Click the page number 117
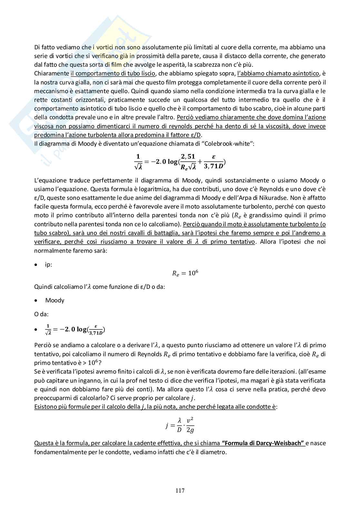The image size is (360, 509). click(180, 491)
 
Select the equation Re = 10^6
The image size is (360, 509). click(185, 273)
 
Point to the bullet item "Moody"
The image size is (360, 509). click(55, 300)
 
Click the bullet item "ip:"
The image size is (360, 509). click(49, 265)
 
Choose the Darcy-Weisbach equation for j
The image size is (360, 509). click(180, 425)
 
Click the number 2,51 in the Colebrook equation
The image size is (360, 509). click(188, 157)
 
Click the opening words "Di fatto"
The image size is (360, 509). click(45, 47)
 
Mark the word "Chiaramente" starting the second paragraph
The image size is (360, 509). click(52, 73)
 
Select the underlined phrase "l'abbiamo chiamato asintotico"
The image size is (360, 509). click(278, 73)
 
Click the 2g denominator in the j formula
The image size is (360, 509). click(190, 430)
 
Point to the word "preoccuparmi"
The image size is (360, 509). click(53, 398)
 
